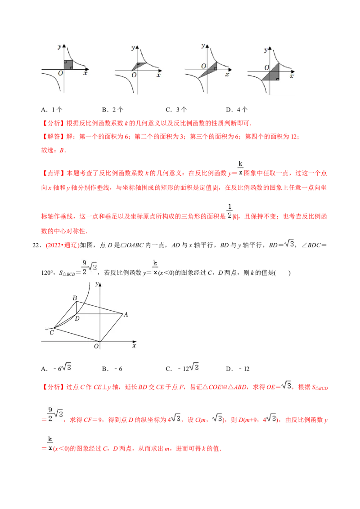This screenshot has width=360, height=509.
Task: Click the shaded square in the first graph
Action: [x=68, y=65]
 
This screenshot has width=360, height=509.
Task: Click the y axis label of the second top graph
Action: [x=132, y=47]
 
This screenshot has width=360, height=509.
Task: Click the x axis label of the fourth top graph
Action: [x=292, y=76]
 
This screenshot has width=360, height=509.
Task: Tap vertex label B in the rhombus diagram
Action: [x=75, y=298]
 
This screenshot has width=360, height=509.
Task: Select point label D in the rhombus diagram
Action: [x=77, y=319]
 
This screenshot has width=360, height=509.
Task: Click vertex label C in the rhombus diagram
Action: [x=51, y=333]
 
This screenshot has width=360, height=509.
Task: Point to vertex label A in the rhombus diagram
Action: [x=126, y=315]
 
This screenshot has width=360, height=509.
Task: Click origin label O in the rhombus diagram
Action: [x=96, y=346]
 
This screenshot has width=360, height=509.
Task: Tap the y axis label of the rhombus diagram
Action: [x=97, y=284]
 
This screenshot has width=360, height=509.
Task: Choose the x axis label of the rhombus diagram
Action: [x=134, y=346]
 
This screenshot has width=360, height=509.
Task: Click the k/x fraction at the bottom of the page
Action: [x=50, y=442]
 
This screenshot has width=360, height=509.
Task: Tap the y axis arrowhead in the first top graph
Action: [x=65, y=45]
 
